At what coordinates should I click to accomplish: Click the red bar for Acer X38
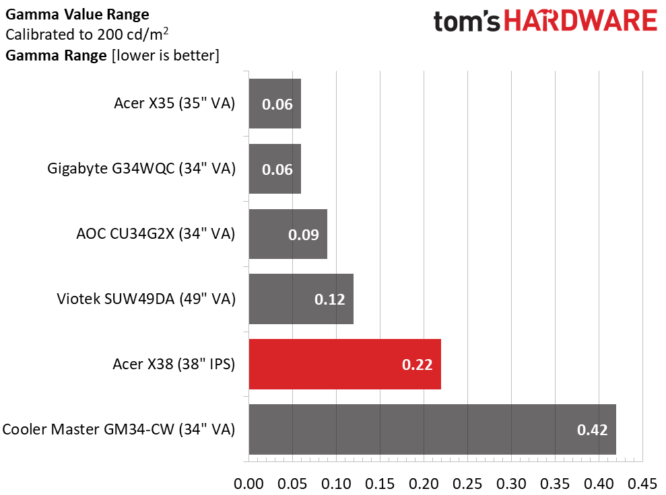[345, 364]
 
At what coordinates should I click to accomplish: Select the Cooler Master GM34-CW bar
[432, 429]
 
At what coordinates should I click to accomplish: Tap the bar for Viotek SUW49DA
[301, 299]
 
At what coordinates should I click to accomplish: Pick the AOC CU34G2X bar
[288, 234]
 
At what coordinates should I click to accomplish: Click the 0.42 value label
[592, 430]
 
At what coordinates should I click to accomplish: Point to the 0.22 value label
[417, 365]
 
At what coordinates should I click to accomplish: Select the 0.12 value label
[329, 299]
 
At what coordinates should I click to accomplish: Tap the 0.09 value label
[303, 235]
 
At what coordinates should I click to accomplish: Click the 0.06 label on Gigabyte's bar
[277, 169]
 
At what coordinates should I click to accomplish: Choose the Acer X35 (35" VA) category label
[174, 103]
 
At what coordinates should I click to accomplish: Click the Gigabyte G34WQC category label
[141, 168]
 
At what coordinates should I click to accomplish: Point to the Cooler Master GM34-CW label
[119, 429]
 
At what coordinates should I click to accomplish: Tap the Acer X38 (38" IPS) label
[173, 364]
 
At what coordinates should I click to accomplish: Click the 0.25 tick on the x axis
[467, 484]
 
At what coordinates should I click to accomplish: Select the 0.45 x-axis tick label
[642, 484]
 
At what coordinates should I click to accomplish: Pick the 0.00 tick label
[249, 484]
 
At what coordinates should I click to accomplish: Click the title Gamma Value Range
[77, 14]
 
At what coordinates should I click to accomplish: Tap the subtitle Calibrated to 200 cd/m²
[87, 34]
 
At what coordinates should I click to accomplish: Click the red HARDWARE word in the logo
[580, 21]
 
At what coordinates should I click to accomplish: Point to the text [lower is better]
[165, 56]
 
